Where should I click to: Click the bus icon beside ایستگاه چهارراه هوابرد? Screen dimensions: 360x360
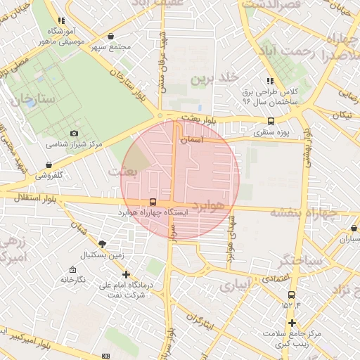point(154,202)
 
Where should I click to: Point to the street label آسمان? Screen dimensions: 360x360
point(192,141)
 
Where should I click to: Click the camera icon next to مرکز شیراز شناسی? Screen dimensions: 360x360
point(75,133)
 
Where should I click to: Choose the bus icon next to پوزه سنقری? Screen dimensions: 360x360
point(252,121)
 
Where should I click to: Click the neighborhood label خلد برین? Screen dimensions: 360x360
point(217,77)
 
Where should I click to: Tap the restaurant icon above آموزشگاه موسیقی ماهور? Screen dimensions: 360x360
point(61,21)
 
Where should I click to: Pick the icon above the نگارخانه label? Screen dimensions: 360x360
point(72,269)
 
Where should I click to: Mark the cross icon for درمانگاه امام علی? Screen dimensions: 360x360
point(126,274)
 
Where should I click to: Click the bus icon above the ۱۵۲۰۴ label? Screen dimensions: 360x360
point(291,295)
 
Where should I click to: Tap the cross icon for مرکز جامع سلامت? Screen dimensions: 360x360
point(292,323)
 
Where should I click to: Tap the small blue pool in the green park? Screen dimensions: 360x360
point(31,103)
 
